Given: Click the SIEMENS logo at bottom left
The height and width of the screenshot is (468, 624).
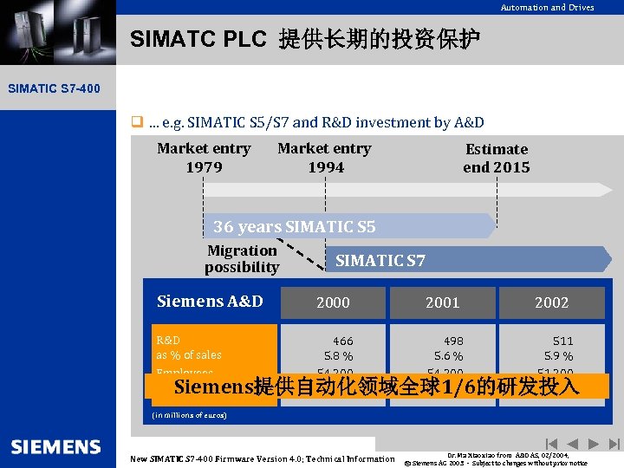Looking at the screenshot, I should [56, 446].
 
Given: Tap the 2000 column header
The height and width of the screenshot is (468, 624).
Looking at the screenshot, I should [333, 302].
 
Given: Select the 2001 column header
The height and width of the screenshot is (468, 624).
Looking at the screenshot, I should [442, 302].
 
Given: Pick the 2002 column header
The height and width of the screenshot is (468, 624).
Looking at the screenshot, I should [551, 302].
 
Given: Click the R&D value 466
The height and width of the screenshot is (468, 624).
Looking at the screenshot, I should [342, 341].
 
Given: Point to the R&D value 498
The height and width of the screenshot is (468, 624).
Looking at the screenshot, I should [452, 341].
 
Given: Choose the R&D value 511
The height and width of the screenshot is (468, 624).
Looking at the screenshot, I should [562, 341].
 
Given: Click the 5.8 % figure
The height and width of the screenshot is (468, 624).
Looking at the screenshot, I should [338, 356].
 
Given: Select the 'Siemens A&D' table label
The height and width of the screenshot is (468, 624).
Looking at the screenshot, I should [210, 302].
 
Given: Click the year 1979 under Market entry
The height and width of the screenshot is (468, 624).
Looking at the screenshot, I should [204, 167].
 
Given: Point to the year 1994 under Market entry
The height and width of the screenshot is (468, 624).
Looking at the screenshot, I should [326, 167].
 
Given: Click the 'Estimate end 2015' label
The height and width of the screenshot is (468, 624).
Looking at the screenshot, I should [496, 159].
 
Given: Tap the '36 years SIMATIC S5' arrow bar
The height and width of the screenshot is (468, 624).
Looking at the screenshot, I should [295, 227].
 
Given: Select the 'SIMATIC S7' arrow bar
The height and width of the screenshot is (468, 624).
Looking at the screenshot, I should [380, 260].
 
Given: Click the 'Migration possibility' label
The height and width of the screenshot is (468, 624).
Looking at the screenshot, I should [242, 259].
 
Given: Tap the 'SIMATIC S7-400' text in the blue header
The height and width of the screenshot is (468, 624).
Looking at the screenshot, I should [54, 88].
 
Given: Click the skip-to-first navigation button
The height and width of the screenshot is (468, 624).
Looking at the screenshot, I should [550, 444].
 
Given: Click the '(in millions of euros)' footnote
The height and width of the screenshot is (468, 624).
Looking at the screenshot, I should [189, 415].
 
